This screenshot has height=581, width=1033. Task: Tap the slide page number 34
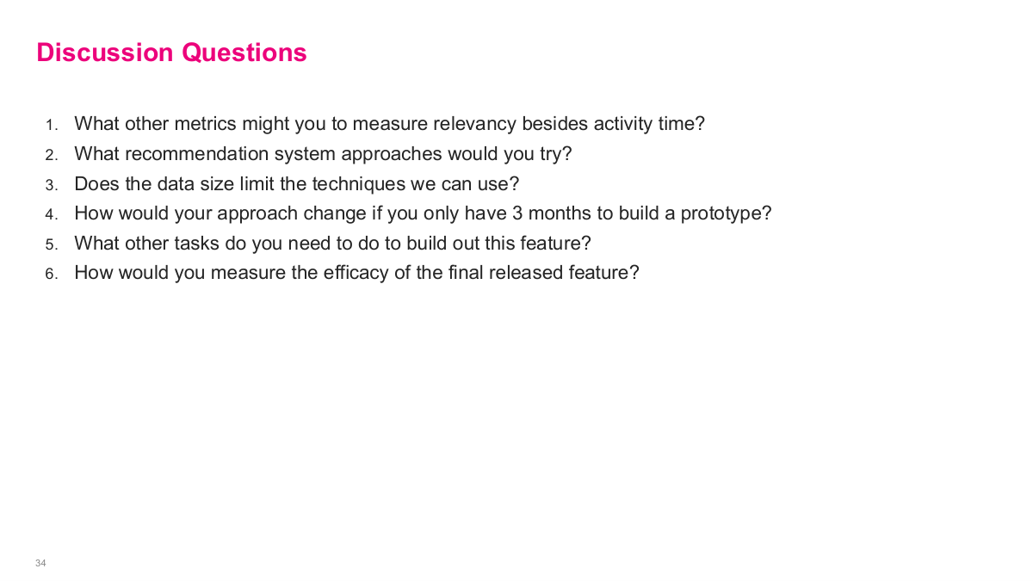pos(40,563)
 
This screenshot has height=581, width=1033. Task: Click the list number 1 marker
pos(52,125)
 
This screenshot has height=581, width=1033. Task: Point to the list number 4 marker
pos(52,214)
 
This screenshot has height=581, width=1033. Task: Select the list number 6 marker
pos(52,274)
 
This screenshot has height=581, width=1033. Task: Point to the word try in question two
pos(554,155)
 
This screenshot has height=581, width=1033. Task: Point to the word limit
pos(257,183)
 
